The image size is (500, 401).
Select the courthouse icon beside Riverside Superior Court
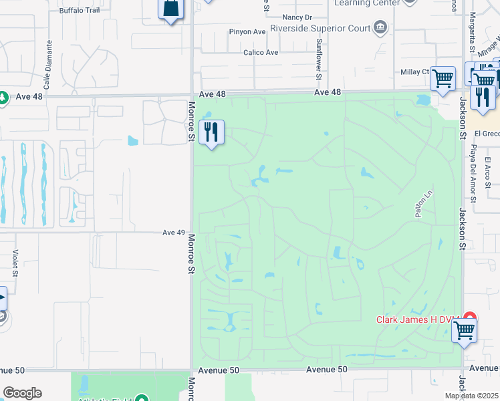point(380,27)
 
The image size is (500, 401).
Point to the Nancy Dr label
point(297,17)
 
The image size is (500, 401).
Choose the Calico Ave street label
point(261,52)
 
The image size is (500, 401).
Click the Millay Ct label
point(414,72)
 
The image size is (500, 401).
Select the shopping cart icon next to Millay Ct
point(443,79)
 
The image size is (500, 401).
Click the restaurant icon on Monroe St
point(212,132)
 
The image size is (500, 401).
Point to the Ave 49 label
point(173,233)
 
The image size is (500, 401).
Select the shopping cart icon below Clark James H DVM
point(464,329)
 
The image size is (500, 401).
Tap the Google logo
point(22,393)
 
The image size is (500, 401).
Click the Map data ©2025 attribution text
point(471,396)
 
